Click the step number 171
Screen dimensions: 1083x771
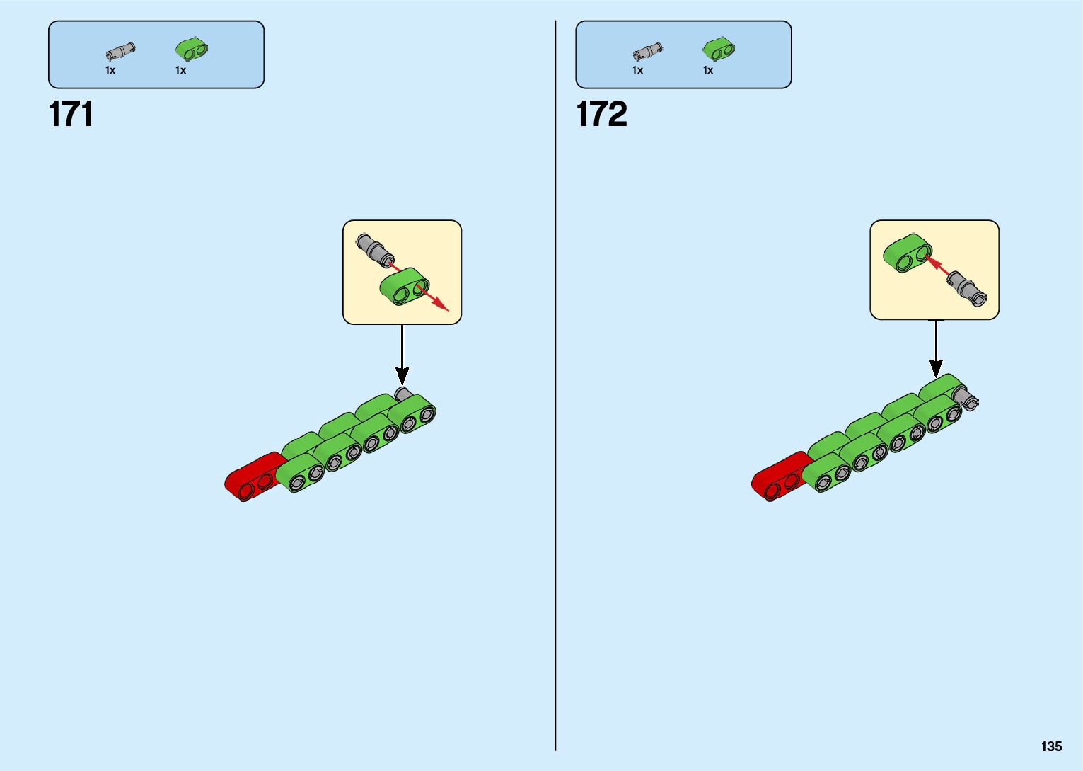pyautogui.click(x=71, y=114)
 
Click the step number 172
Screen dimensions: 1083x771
pyautogui.click(x=601, y=114)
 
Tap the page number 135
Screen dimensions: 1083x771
pyautogui.click(x=1051, y=746)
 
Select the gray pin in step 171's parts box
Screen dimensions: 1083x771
pyautogui.click(x=120, y=52)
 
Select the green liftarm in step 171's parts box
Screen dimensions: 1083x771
pyautogui.click(x=192, y=49)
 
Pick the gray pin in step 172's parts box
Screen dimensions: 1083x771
pyautogui.click(x=647, y=52)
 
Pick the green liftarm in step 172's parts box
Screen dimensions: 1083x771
pyautogui.click(x=719, y=49)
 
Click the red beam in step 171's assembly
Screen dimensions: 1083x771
pyautogui.click(x=251, y=476)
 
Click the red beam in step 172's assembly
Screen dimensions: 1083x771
pyautogui.click(x=778, y=476)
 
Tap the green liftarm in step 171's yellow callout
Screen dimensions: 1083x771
pyautogui.click(x=404, y=287)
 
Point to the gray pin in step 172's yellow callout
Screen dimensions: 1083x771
pyautogui.click(x=967, y=288)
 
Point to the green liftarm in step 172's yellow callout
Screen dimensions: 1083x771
pyautogui.click(x=907, y=253)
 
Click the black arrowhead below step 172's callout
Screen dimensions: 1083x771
pyautogui.click(x=936, y=368)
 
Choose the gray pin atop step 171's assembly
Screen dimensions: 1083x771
pyautogui.click(x=403, y=393)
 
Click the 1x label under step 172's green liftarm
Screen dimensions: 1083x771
pyautogui.click(x=708, y=70)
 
